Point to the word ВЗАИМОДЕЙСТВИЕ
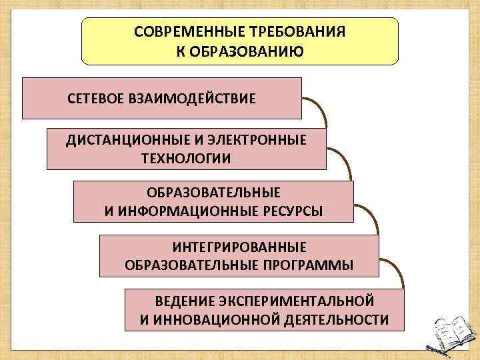point(199,99)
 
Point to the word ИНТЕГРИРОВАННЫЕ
point(239,247)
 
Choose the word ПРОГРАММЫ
point(303,265)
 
